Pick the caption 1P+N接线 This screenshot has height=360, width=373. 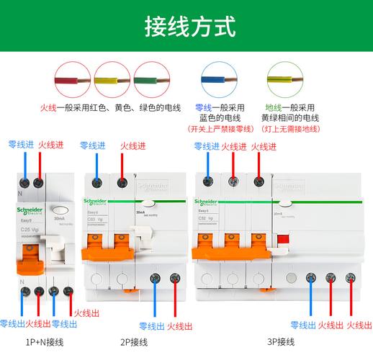point(37,341)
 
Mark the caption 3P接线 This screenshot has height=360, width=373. point(281,341)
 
